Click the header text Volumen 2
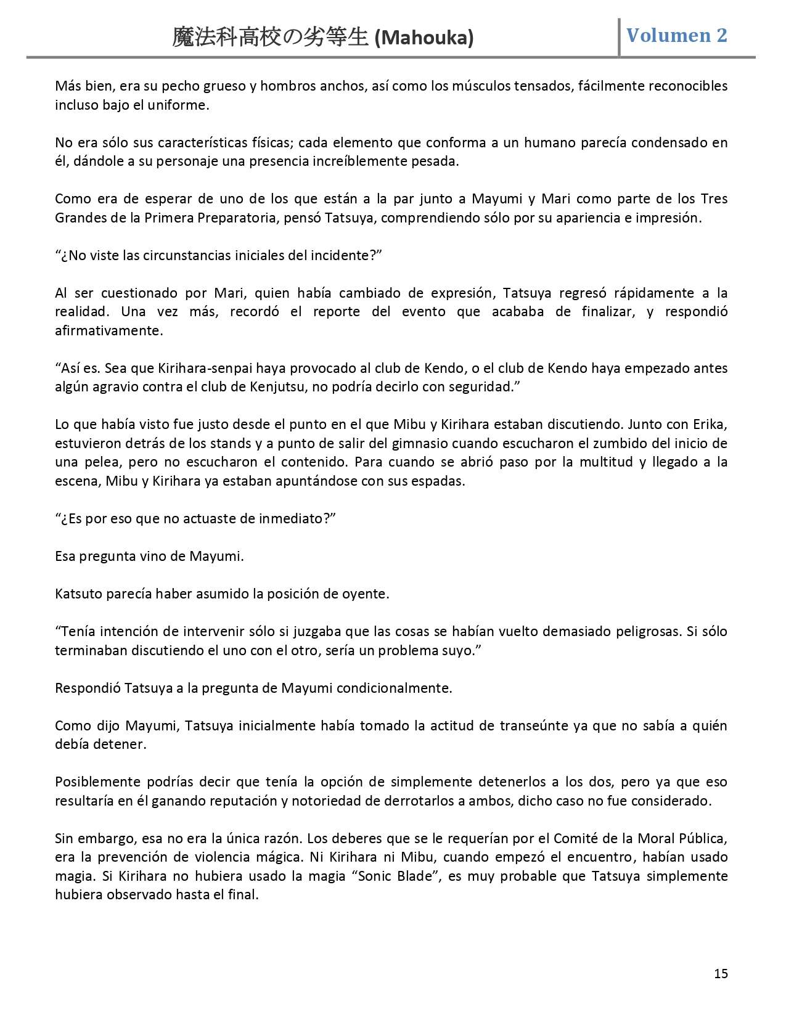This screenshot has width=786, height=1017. pos(677,35)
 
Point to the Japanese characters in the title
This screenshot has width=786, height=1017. pos(271,38)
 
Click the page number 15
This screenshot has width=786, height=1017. pos(721,973)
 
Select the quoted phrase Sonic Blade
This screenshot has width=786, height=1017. pos(391,876)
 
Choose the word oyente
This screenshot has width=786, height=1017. pos(367,594)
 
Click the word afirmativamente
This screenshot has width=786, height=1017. pos(109,330)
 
